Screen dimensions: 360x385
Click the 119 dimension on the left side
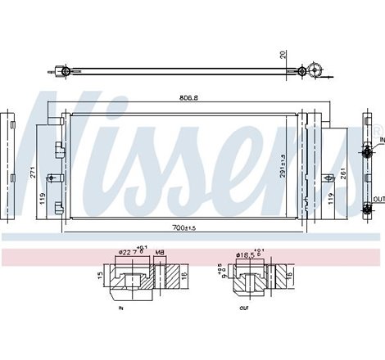coord(42,196)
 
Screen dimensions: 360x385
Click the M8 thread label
coord(160,252)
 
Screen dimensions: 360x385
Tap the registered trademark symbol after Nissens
coord(378,131)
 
